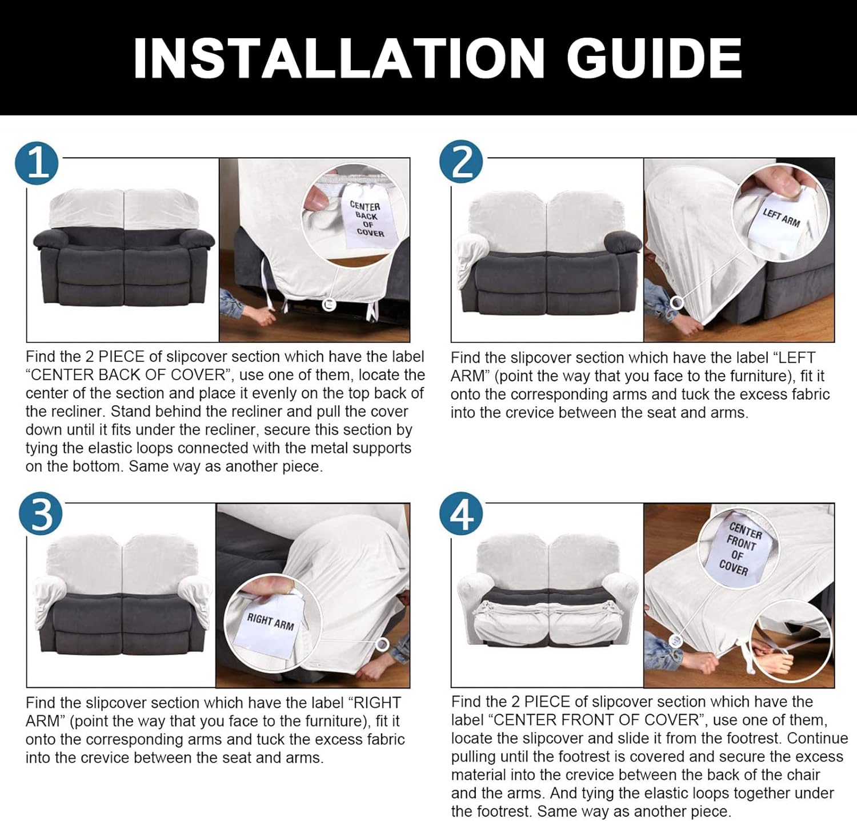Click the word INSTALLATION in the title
[338, 58]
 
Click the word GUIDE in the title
[654, 58]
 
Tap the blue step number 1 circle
[37, 163]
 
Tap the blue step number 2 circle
[461, 162]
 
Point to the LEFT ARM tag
[780, 218]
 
